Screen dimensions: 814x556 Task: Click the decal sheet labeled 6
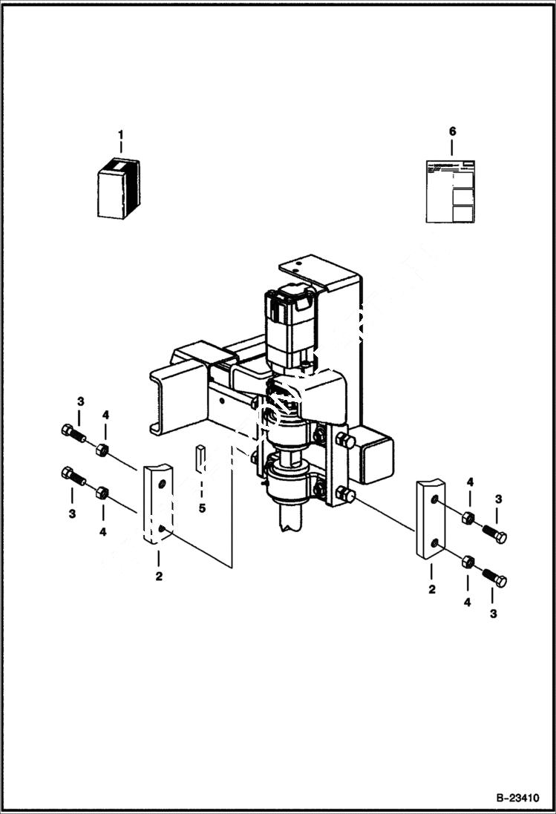coord(450,191)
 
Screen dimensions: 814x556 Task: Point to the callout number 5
coord(202,508)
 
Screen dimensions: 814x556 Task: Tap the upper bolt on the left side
coord(73,433)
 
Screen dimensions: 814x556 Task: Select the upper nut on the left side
coord(103,450)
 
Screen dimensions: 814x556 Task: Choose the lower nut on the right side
coord(468,562)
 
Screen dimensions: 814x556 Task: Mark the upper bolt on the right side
coord(494,534)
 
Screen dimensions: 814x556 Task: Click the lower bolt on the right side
coord(494,577)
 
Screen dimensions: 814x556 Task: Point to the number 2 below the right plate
coord(431,589)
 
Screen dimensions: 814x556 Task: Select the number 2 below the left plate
coord(159,576)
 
